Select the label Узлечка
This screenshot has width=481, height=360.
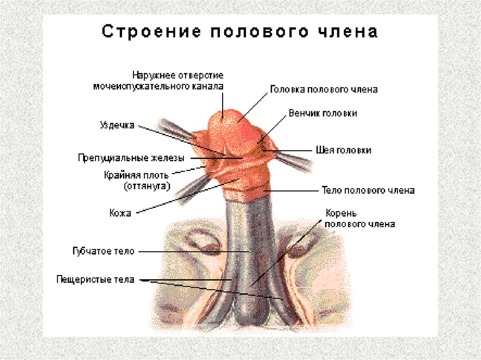[x=117, y=125]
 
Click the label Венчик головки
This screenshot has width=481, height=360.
[x=323, y=114]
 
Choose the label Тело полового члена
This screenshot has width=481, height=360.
[x=368, y=191]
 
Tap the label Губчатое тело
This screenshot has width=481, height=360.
[x=104, y=251]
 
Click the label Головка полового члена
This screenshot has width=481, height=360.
[x=324, y=89]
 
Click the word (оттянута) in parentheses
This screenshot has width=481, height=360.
[x=147, y=186]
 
